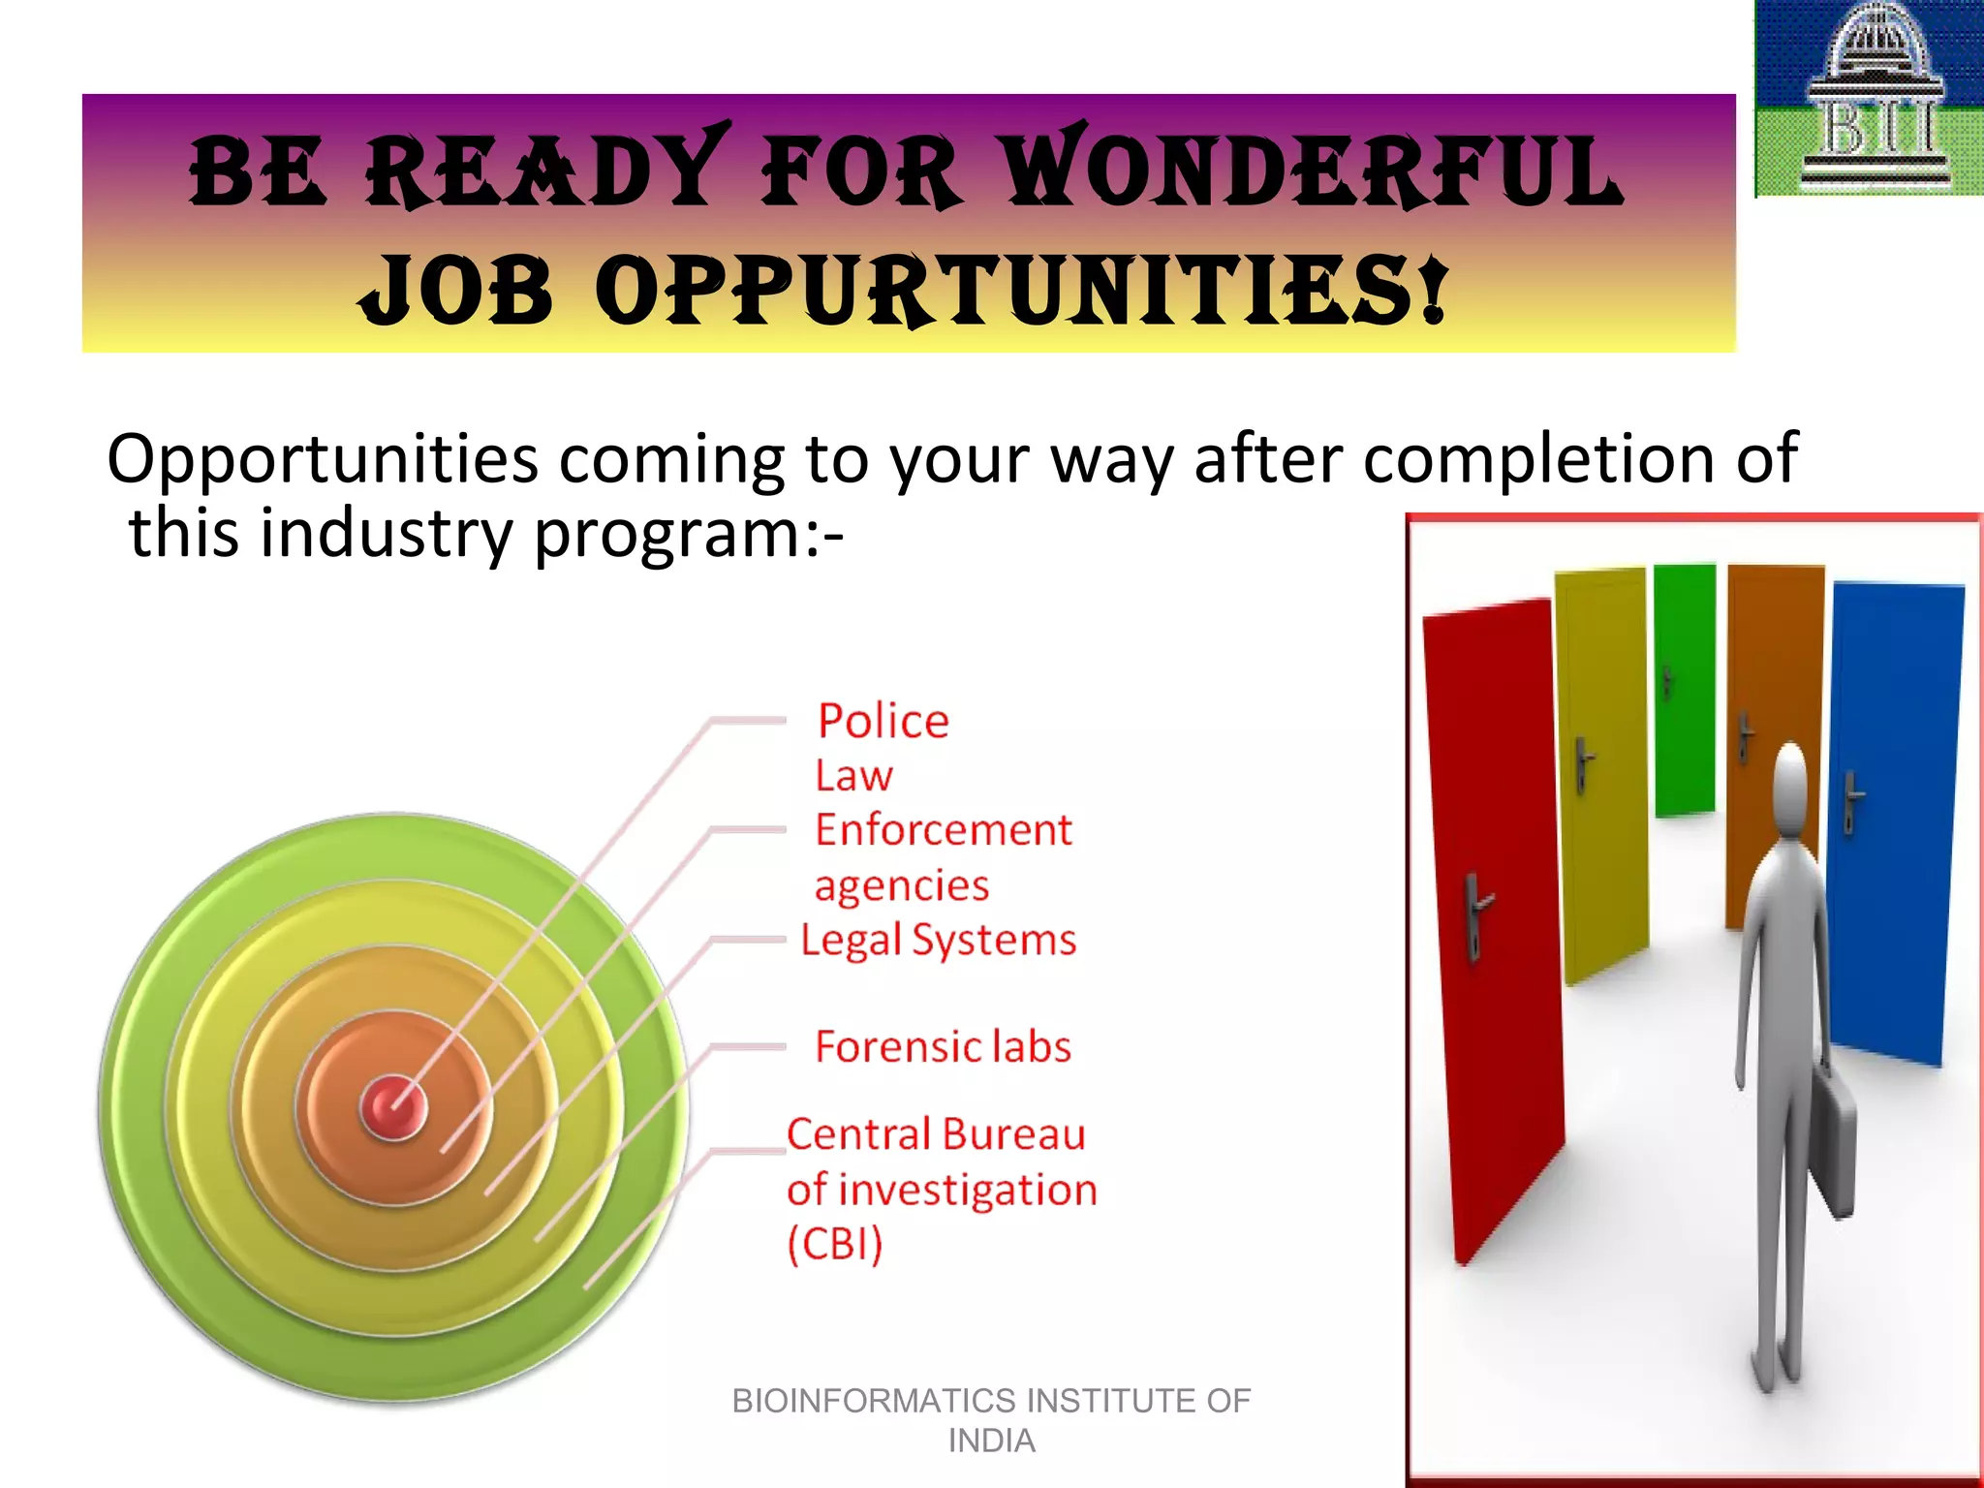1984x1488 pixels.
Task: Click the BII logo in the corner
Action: pos(1869,97)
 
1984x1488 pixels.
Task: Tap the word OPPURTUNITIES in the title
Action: pos(1021,290)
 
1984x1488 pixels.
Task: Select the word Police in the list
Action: pos(883,722)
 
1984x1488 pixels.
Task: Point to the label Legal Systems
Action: pos(938,941)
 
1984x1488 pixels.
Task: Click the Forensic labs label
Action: pos(943,1047)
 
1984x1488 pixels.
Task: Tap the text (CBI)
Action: pos(835,1245)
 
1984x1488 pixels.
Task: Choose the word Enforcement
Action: pos(943,830)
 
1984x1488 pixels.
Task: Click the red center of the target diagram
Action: pos(392,1106)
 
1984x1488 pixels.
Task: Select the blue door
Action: pos(1894,823)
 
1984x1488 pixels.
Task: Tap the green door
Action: pos(1685,688)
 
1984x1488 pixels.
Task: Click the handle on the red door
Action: pos(1475,911)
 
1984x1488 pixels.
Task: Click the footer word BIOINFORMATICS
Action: pos(874,1401)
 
